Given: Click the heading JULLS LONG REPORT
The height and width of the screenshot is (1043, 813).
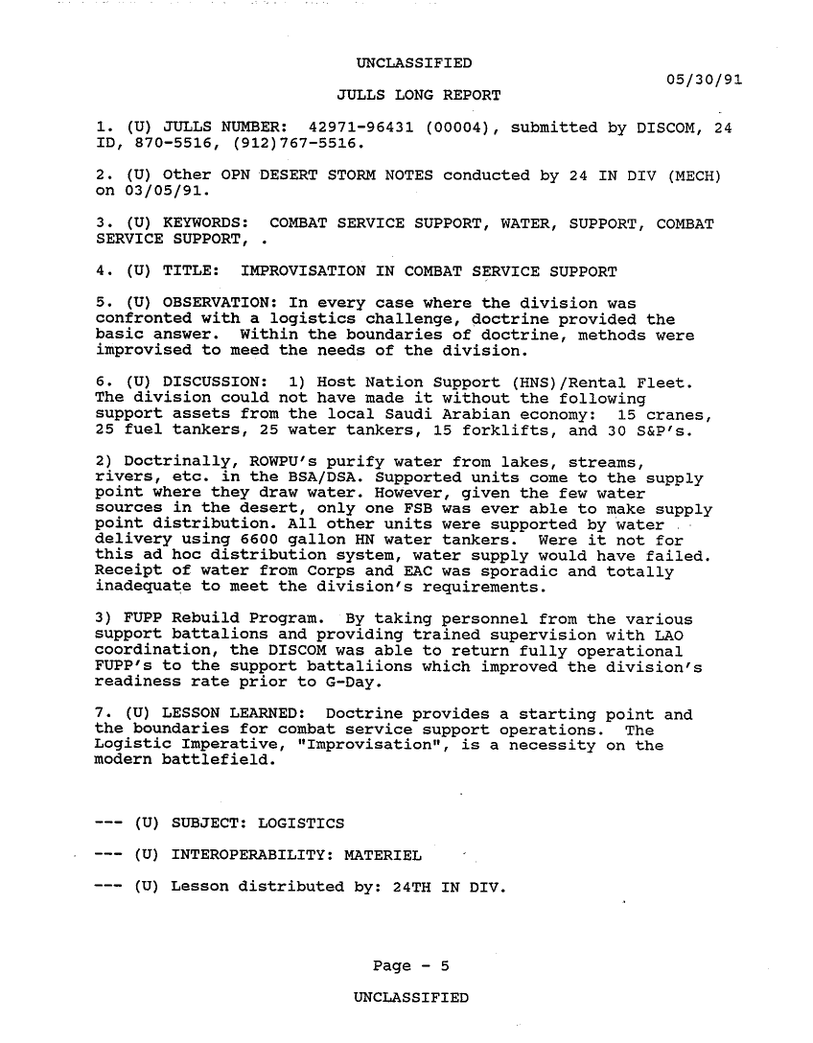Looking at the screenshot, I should (x=419, y=96).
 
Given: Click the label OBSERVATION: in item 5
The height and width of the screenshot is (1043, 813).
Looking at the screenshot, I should (x=203, y=303).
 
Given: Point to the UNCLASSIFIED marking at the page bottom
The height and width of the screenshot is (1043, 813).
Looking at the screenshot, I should (x=410, y=998).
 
